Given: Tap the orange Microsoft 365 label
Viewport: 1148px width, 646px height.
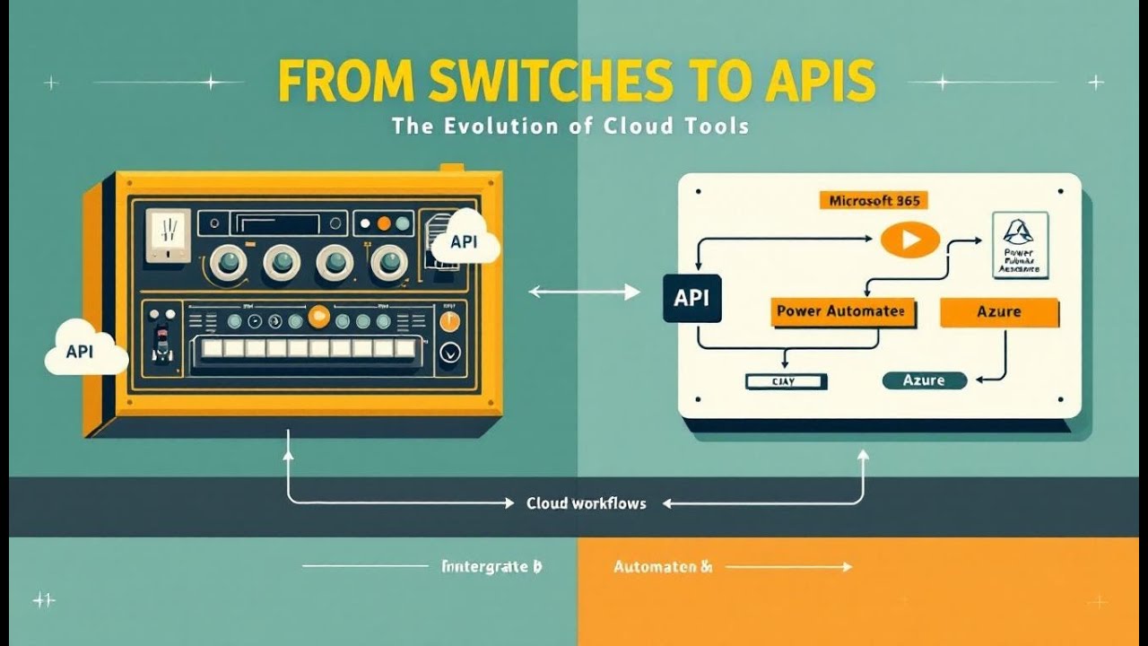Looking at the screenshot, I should click(873, 201).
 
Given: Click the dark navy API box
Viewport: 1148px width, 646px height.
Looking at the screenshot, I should click(691, 298).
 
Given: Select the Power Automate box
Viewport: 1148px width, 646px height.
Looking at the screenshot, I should click(842, 312).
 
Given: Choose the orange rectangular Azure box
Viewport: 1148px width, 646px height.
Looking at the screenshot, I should click(998, 312).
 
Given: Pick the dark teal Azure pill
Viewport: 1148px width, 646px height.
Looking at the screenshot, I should click(924, 380).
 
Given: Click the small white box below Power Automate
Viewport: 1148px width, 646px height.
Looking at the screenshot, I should click(786, 381).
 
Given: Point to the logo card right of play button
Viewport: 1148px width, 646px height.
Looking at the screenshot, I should click(1018, 245).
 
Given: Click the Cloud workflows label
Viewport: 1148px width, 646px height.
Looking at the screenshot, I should click(586, 503).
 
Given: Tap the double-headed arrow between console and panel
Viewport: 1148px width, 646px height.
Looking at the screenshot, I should click(584, 292).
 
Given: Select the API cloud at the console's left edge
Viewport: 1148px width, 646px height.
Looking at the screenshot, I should click(84, 351).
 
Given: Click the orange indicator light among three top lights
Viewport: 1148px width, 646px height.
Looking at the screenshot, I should click(384, 223).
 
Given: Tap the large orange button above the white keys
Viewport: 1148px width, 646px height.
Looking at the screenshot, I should click(318, 316).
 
